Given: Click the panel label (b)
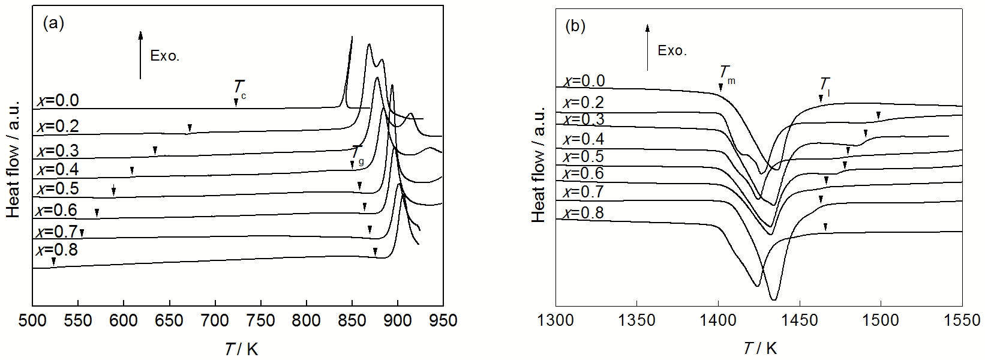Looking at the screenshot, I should pos(575,26).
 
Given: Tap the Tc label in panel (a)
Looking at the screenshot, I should pos(239,89).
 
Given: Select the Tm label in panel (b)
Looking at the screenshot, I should pos(726,73).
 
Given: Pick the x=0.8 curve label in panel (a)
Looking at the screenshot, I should pos(57,250).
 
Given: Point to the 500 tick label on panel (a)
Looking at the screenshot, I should pos(33,320).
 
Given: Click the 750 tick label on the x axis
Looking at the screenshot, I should pos(261,320).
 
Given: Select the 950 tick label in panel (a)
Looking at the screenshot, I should pos(443,320).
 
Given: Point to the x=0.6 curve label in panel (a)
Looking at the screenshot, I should pos(57,211).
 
